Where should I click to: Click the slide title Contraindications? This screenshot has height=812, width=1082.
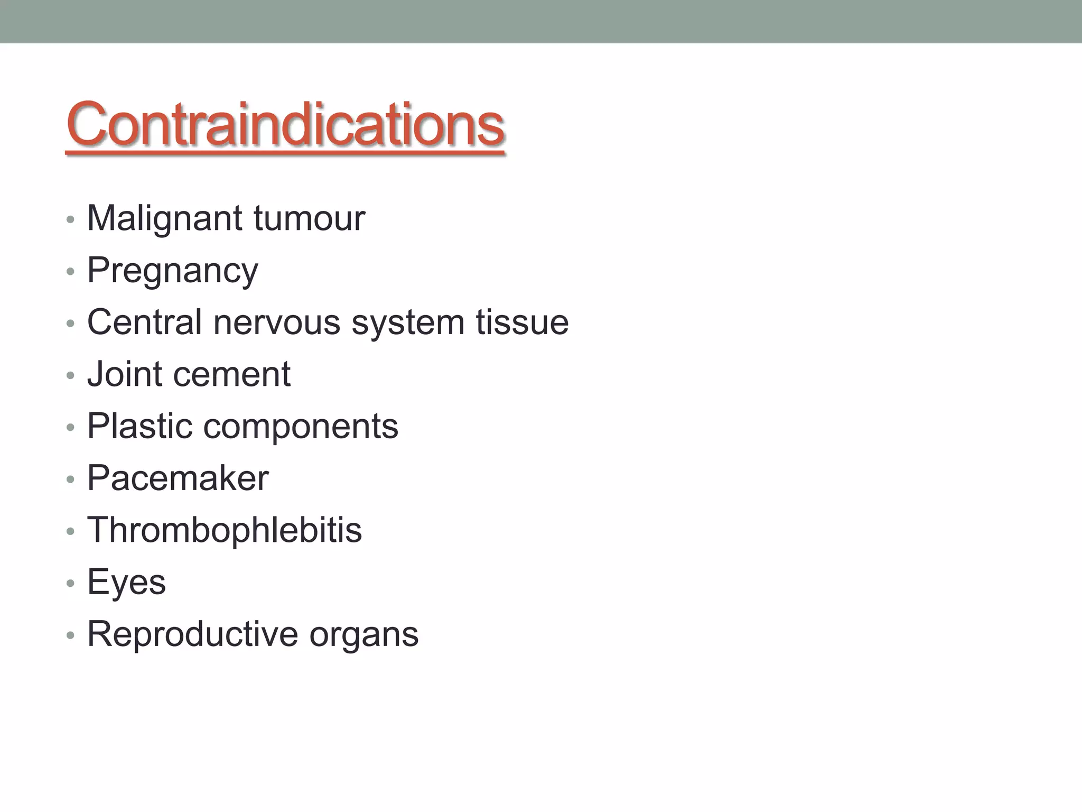285,124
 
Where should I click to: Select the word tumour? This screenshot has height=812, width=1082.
309,218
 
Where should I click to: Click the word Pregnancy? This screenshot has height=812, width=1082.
173,271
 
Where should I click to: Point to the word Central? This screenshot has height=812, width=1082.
144,322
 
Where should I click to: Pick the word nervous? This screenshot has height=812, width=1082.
277,322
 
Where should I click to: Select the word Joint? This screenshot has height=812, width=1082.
125,374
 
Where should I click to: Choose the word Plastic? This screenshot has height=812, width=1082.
139,426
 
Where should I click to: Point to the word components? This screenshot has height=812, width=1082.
301,426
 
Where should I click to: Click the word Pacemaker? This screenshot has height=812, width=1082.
178,478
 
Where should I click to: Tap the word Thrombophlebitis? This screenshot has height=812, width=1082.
225,530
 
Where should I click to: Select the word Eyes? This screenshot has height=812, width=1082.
126,582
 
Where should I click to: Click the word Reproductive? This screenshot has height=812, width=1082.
192,634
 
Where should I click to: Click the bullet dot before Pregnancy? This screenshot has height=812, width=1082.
70,272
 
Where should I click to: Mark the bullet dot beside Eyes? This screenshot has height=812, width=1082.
70,583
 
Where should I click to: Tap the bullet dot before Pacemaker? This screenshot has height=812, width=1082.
70,479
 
